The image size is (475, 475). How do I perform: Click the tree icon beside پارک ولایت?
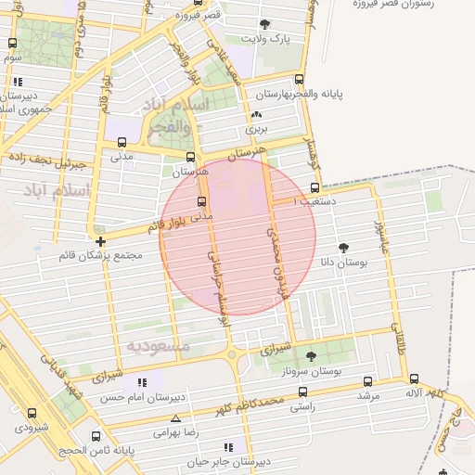pos(266,24)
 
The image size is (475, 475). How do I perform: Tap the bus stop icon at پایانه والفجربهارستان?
pos(298,80)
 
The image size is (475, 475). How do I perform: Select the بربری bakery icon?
pos(256,115)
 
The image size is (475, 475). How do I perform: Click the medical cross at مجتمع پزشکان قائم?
pos(100,241)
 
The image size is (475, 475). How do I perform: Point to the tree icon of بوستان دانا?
pos(344,248)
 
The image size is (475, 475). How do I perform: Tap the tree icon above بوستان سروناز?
pos(310,356)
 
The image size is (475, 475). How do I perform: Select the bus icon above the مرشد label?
pos(368,380)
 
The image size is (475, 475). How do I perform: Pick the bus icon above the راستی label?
pos(302,391)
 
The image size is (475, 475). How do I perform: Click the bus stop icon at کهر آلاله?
pos(414,379)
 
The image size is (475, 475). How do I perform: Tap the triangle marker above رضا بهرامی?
pos(175,418)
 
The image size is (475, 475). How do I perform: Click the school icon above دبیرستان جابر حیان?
pos(228,447)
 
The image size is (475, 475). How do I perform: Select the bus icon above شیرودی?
pos(32,413)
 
